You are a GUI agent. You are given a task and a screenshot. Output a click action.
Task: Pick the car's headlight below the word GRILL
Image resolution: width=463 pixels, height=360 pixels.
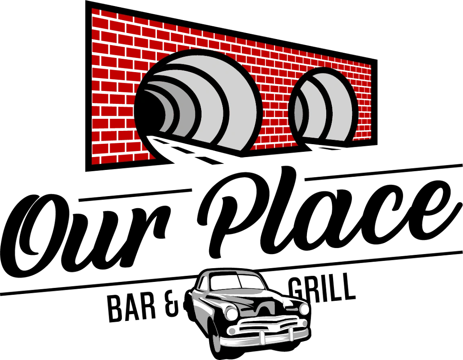[x=304, y=309]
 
